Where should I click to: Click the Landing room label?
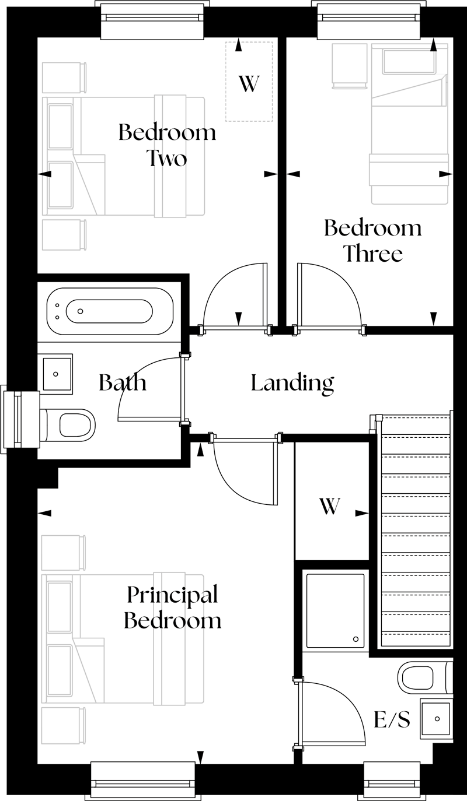292,383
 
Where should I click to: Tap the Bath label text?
123,383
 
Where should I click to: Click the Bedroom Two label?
167,145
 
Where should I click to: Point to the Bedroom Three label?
372,240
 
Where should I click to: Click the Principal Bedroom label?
173,607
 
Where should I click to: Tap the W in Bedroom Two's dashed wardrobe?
249,84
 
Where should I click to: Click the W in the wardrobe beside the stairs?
330,507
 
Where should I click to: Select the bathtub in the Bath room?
109,311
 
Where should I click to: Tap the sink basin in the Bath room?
57,373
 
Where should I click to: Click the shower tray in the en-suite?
336,610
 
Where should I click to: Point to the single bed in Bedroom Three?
409,125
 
